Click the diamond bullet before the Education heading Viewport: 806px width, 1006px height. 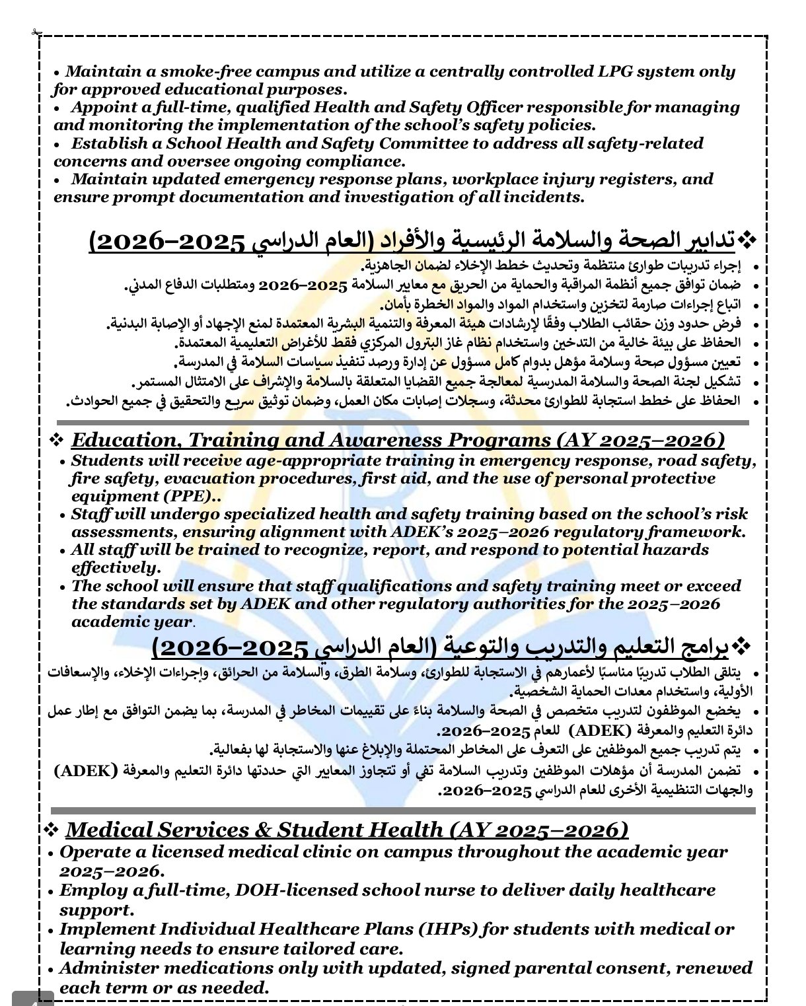pos(57,440)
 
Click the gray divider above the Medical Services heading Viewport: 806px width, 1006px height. pos(403,810)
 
